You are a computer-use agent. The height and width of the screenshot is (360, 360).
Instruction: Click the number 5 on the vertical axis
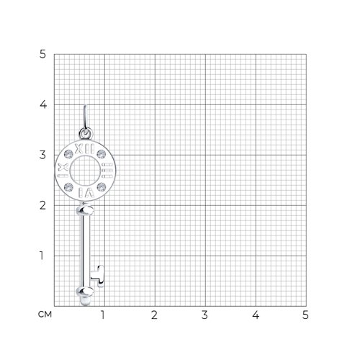tap(42, 54)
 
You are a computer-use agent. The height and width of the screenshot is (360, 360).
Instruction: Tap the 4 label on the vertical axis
tap(43, 104)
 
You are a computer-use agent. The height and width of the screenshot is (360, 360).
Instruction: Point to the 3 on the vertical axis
tap(42, 155)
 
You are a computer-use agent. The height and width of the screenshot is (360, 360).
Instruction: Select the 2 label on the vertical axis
tap(42, 205)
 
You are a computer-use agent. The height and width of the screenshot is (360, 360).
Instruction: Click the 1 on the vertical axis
tap(42, 256)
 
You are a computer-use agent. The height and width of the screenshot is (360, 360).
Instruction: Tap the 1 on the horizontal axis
tap(103, 315)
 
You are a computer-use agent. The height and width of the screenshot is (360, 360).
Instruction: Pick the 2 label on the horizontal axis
tap(154, 315)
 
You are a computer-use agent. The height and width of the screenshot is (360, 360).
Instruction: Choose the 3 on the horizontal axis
tap(204, 315)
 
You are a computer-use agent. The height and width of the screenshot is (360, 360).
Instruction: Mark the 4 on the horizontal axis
tap(256, 315)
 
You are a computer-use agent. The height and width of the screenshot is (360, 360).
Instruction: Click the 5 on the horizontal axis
tap(305, 315)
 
